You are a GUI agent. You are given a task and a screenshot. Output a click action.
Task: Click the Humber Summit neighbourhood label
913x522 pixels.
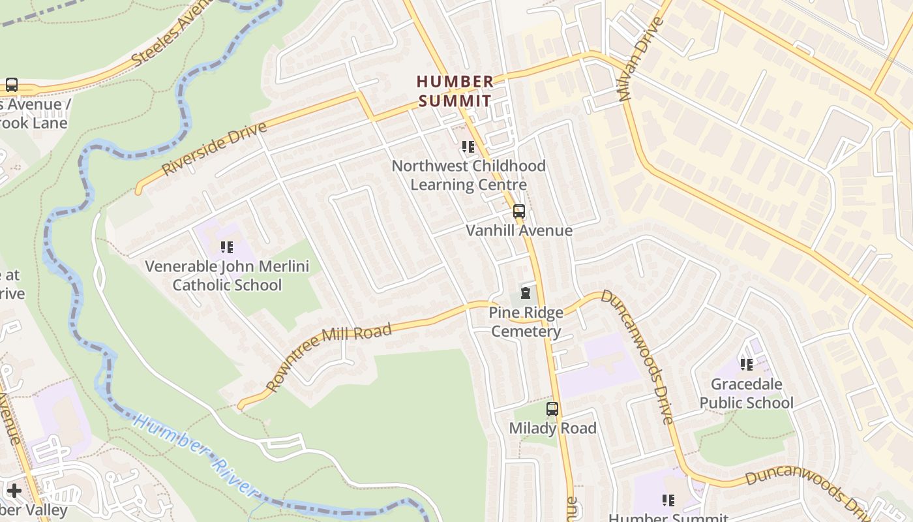pos(455,91)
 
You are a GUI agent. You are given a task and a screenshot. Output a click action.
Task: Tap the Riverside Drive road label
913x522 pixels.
pos(215,148)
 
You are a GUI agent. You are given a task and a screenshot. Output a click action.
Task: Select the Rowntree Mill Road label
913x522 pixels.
pos(329,357)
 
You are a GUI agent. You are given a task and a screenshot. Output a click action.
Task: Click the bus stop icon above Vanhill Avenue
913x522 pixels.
pos(519,211)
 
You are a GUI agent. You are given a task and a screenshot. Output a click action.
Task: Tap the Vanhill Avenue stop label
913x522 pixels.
pos(519,230)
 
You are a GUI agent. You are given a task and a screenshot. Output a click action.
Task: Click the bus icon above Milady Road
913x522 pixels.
pos(552,409)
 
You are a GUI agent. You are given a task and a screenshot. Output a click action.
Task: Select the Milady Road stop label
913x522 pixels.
pos(552,428)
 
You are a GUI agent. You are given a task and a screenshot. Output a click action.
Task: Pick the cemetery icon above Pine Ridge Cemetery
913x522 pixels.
pos(526,293)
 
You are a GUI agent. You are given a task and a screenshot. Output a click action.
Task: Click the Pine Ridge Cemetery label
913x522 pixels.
pos(526,322)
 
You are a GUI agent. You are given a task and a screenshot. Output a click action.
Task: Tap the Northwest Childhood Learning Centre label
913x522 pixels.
pos(468,175)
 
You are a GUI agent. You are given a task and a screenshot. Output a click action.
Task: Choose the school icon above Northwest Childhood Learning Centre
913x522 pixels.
pos(468,147)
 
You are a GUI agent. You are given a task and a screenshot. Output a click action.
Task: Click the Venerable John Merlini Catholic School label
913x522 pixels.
pos(227,275)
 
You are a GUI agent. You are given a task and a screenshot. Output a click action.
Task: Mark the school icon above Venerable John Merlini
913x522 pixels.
pos(227,247)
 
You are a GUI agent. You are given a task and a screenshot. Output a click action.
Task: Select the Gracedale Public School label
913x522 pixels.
pos(747,393)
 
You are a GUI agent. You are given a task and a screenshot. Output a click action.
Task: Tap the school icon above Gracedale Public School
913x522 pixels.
pos(747,364)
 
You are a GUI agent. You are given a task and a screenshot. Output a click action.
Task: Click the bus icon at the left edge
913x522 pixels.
pos(12,84)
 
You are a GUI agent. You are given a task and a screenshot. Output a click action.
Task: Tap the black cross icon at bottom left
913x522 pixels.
pos(14,490)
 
